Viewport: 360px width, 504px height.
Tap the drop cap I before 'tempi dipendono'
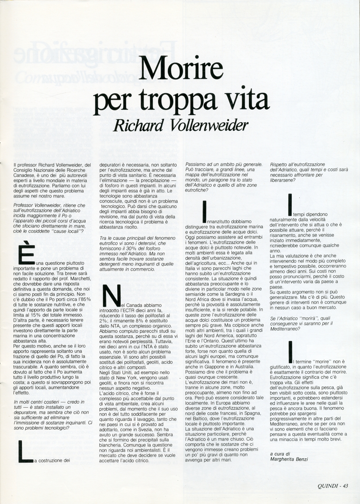(290, 205)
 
